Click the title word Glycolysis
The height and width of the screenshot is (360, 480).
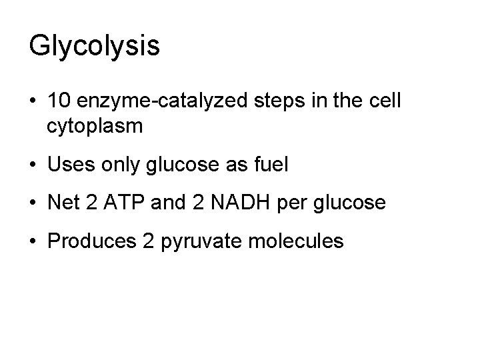[94, 46]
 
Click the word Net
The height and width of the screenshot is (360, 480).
[65, 202]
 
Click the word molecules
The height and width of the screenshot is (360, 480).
[303, 239]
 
